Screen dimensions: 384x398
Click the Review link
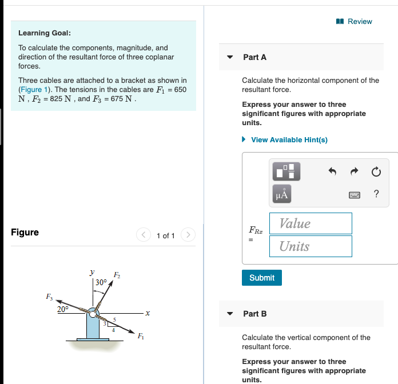355,21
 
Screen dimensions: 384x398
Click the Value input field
315,223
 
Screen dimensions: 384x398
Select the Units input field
315,246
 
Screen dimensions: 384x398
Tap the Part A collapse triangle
230,57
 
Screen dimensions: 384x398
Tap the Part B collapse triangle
230,314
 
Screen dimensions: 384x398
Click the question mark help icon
376,194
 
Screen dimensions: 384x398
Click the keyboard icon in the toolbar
355,194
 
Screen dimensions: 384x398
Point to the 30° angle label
101,282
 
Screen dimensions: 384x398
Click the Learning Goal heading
45,33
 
